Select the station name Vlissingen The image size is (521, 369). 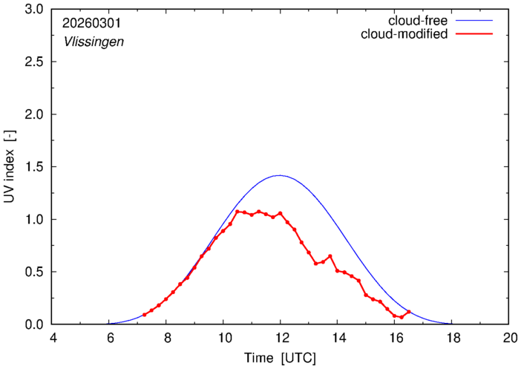coord(94,42)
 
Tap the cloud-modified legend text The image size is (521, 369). coord(404,34)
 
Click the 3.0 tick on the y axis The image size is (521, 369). coord(34,10)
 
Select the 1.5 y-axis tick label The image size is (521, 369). coord(34,167)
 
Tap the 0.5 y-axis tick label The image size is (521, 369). coord(34,272)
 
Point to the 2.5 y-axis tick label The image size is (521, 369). coord(34,62)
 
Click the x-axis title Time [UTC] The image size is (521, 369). coord(281,358)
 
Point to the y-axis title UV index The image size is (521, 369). coord(10,167)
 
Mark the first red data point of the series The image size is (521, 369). coord(144,315)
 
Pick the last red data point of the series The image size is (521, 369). coord(409,312)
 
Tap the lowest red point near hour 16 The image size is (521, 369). coord(402,318)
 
